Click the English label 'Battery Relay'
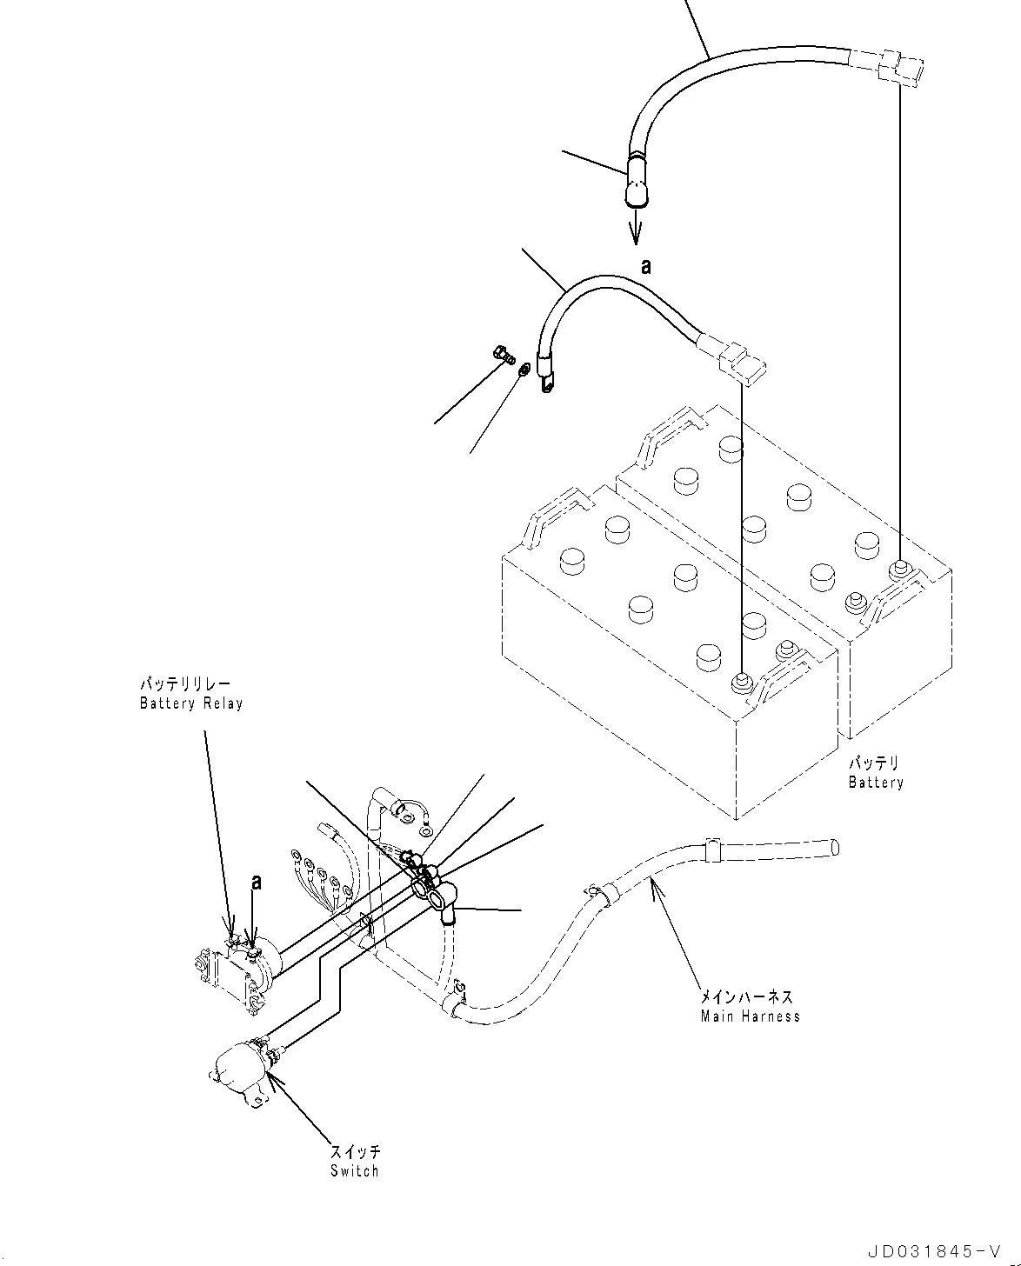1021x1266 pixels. [x=191, y=703]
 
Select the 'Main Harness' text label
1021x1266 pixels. [x=750, y=1016]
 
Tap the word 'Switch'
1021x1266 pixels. [x=355, y=1170]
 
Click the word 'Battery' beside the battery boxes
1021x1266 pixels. [x=876, y=783]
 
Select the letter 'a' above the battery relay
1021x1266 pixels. [x=256, y=882]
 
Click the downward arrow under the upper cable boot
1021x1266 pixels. [x=637, y=230]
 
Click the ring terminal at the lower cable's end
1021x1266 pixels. [x=546, y=381]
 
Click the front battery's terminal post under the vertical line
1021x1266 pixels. [x=741, y=683]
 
